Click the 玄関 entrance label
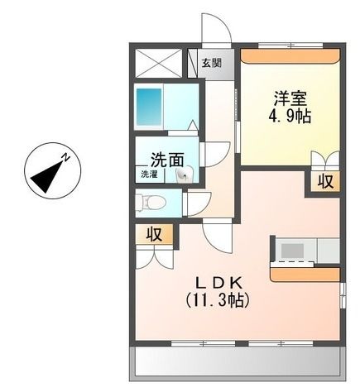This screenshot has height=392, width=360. (x=211, y=63)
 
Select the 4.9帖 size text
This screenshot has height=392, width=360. (x=290, y=117)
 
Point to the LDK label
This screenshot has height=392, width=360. (x=218, y=282)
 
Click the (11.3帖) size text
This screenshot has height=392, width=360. (x=218, y=300)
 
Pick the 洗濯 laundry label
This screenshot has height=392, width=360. (x=149, y=174)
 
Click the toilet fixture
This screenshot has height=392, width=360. (x=151, y=203)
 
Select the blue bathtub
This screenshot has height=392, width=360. (x=149, y=107)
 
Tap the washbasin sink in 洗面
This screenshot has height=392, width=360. (x=185, y=174)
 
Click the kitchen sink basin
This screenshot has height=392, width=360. (x=292, y=251)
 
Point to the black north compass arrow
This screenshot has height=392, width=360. (x=47, y=177)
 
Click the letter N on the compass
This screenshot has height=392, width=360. (x=65, y=157)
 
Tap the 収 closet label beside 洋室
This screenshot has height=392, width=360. (x=325, y=181)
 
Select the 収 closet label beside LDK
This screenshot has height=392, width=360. (x=154, y=234)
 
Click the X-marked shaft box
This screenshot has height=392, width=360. (x=159, y=63)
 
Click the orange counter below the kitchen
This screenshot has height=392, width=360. (x=305, y=275)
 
